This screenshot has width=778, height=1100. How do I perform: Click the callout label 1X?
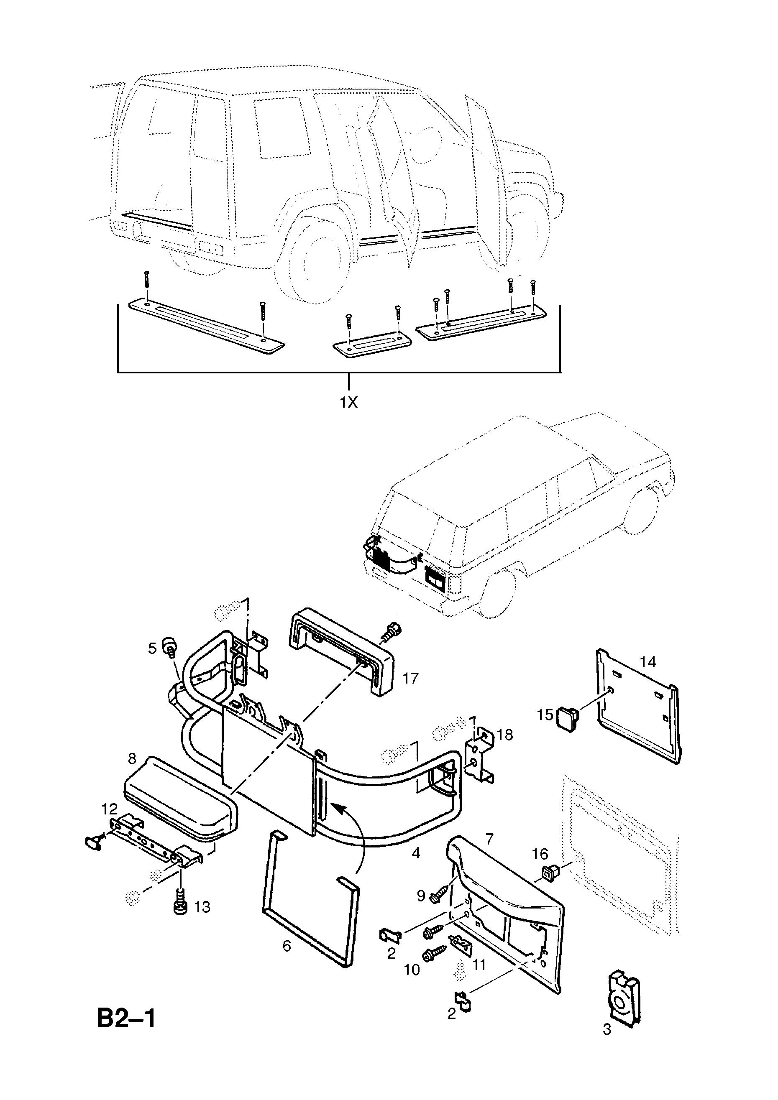pos(348,403)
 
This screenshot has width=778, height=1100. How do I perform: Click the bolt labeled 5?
pos(169,644)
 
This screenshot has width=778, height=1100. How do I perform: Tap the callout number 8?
pos(132,759)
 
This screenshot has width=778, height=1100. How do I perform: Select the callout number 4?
pos(416,852)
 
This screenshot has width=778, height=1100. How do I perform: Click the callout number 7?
pos(489,838)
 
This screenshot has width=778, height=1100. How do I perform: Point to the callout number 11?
pos(479,964)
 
